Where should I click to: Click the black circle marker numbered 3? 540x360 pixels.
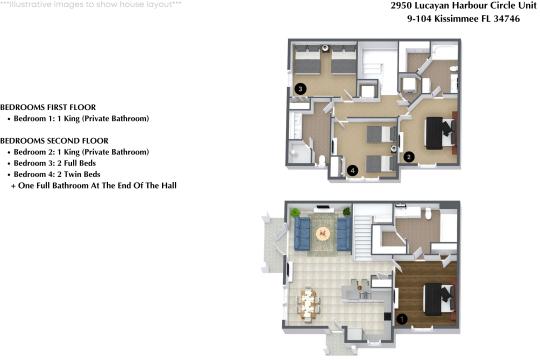[x=301, y=89]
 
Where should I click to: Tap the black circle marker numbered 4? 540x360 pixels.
[x=353, y=171]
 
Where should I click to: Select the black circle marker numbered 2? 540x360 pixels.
[x=408, y=156]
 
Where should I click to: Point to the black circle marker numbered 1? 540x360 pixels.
[x=402, y=319]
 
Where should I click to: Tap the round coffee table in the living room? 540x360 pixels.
[x=322, y=233]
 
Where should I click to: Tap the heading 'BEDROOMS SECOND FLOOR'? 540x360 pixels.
[x=55, y=141]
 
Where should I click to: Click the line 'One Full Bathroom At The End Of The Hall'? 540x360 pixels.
[x=96, y=186]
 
